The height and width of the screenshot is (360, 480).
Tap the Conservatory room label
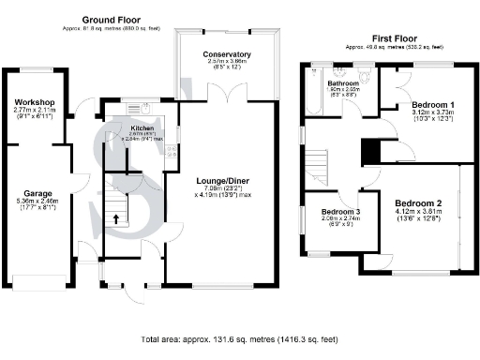228,54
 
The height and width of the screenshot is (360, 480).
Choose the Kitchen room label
142,126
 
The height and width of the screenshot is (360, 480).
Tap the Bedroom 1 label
433,104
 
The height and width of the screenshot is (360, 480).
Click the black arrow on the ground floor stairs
116,219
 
